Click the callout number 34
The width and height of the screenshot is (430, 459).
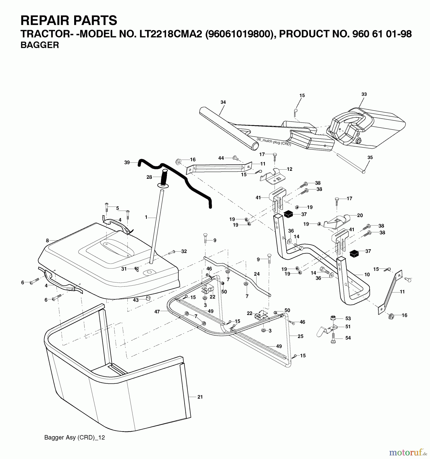point(223,102)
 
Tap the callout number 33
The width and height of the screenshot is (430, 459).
point(364,94)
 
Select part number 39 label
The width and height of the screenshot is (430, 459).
point(127,162)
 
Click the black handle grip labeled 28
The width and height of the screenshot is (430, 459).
point(164,177)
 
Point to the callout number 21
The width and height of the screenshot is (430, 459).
point(200,397)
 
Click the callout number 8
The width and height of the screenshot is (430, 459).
point(47,240)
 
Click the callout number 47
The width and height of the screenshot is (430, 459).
point(157,312)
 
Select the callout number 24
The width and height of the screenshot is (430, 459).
point(257,274)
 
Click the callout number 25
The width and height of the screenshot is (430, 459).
point(301,336)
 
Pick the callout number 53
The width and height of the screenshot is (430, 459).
point(348,318)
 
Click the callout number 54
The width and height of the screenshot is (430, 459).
point(348,338)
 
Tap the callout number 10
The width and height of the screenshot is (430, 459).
point(367,275)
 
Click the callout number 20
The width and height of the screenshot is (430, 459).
point(360,215)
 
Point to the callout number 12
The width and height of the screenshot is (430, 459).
point(289,169)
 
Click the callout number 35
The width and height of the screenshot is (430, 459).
point(370,158)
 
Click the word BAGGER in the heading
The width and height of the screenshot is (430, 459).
point(40,45)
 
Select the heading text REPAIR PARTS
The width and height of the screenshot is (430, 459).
point(69,20)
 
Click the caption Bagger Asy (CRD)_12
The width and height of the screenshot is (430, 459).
point(74,437)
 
